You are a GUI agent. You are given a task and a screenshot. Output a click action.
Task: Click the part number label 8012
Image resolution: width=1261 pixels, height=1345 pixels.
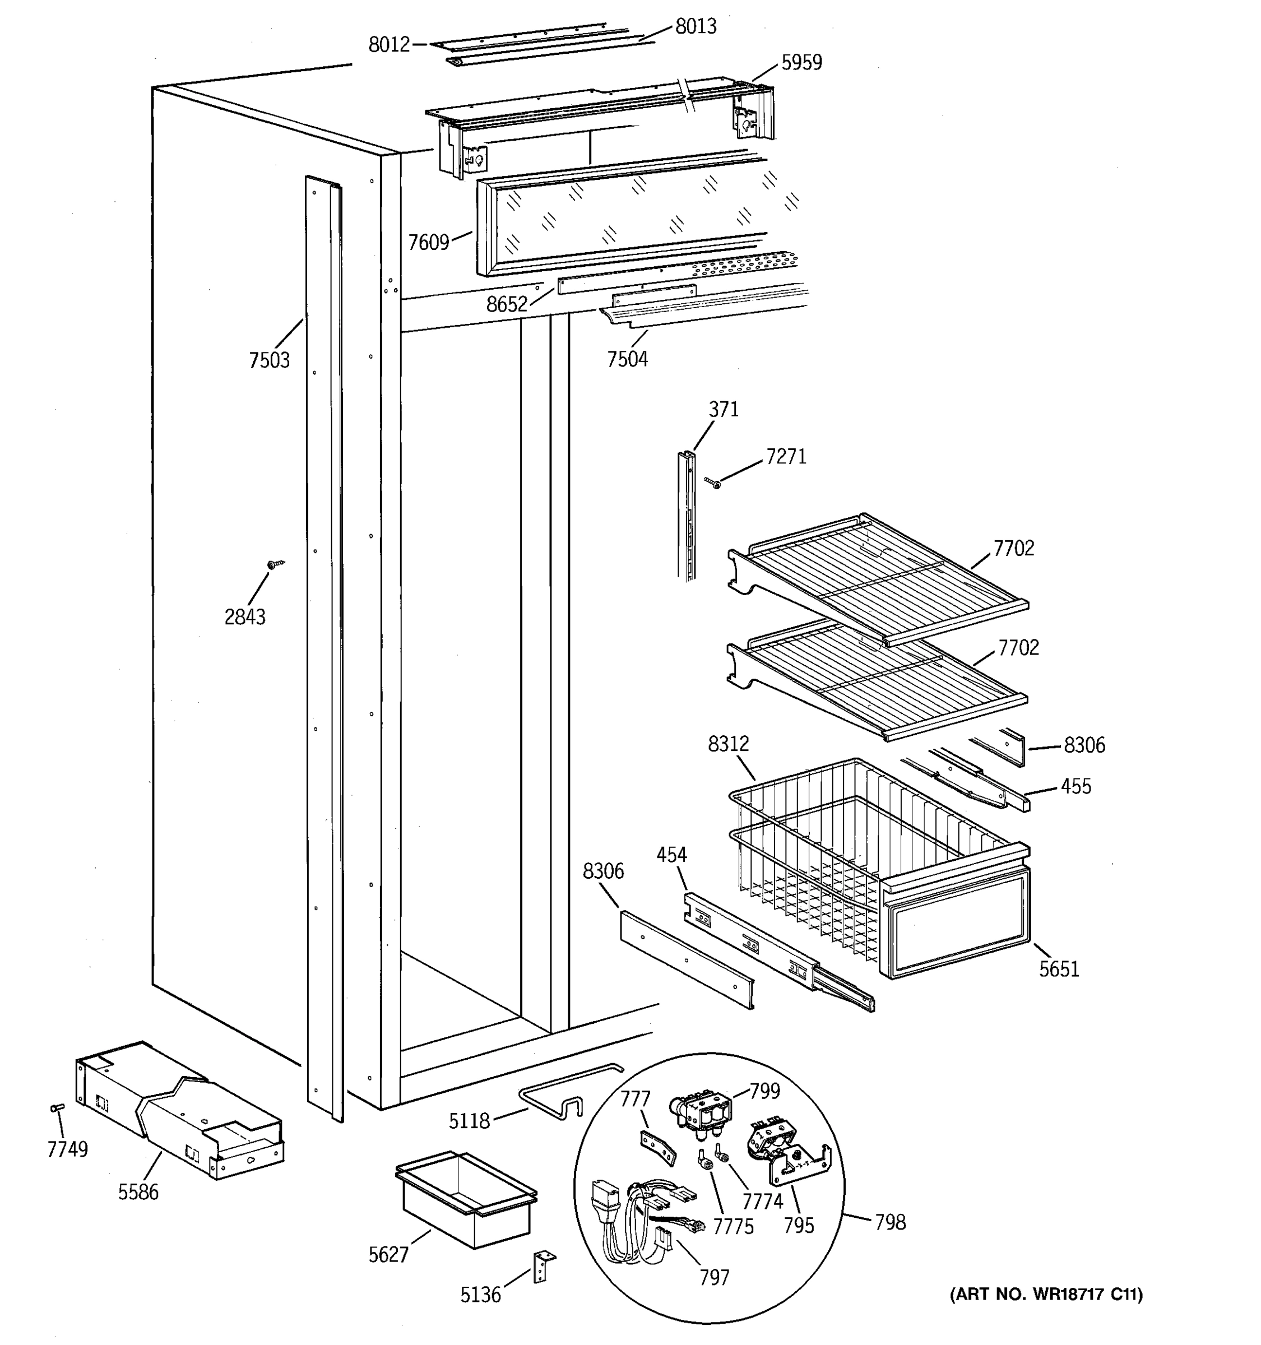click(389, 45)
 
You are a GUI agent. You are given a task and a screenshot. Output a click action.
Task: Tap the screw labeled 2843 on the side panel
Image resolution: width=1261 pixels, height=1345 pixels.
click(274, 564)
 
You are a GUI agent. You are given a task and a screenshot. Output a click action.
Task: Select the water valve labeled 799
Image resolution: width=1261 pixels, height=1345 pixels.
click(700, 1113)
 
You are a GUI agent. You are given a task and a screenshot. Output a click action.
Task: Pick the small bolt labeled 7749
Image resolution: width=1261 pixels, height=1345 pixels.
click(57, 1107)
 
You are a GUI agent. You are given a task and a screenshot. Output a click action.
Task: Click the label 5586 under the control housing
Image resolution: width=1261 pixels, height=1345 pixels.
click(138, 1192)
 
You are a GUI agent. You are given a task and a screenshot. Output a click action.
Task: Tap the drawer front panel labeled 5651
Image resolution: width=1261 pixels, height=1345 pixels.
click(955, 921)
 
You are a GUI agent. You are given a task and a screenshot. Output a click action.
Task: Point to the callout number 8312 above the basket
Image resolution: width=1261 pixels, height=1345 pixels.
click(728, 744)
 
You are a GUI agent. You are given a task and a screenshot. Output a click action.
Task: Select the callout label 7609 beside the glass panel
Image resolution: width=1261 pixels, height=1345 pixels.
click(428, 242)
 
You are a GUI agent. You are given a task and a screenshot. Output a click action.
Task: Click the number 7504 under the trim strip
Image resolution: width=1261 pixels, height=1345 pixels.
click(627, 359)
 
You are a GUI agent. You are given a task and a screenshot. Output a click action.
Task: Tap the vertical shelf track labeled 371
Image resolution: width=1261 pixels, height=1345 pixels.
click(686, 514)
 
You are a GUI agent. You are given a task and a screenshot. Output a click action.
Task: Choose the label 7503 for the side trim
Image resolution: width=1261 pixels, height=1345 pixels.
click(269, 360)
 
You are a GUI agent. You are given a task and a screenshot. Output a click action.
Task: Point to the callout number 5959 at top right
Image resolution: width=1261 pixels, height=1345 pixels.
click(801, 63)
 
